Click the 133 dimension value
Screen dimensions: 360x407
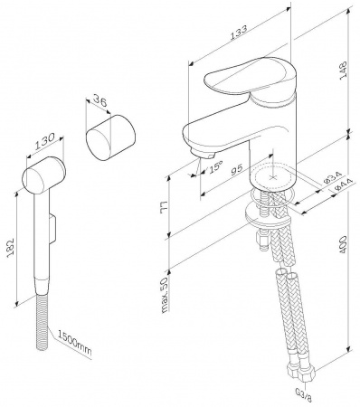[x=239, y=33]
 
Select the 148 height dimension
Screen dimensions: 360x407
[x=344, y=71]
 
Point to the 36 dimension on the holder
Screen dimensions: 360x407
[x=99, y=100]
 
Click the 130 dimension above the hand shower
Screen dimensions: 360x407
[x=45, y=141]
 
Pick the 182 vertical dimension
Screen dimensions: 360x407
[x=10, y=248]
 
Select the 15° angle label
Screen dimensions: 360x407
[x=216, y=166]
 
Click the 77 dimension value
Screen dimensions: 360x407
[x=165, y=207]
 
